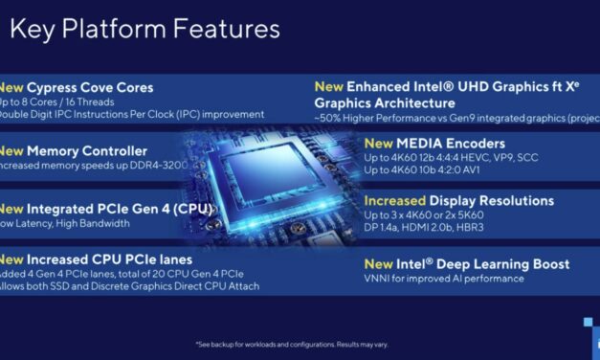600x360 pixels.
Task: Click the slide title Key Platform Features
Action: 144,29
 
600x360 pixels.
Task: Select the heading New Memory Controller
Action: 74,150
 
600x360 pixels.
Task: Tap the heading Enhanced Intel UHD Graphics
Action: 450,86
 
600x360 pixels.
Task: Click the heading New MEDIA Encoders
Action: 432,143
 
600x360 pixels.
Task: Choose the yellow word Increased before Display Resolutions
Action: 397,201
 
